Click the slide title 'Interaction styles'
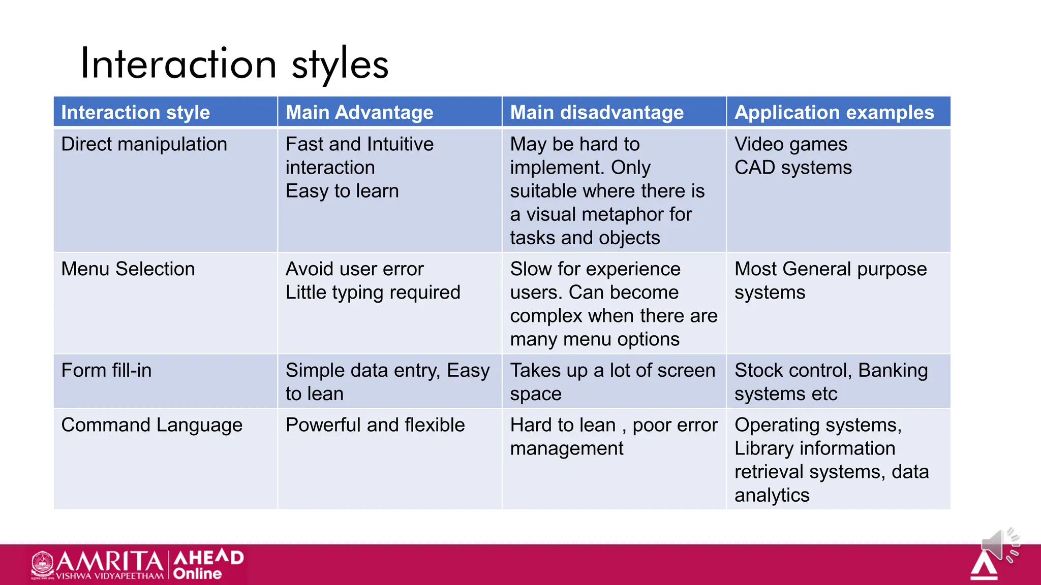tap(234, 64)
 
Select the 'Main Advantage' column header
tap(359, 112)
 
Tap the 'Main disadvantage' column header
tap(597, 112)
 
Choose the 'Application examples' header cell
tap(834, 112)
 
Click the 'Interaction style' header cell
tap(135, 112)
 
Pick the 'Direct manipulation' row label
tap(144, 144)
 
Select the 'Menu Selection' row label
tap(128, 269)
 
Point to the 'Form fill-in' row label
tap(106, 371)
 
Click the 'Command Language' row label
tap(151, 425)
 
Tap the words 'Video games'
tap(791, 144)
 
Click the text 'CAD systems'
tap(793, 168)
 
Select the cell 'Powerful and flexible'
tap(375, 425)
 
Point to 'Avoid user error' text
tap(354, 269)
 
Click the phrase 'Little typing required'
tap(373, 292)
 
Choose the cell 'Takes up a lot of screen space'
tap(612, 382)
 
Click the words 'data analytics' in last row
tap(834, 483)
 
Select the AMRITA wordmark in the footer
tap(109, 562)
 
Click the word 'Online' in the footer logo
tap(197, 574)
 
